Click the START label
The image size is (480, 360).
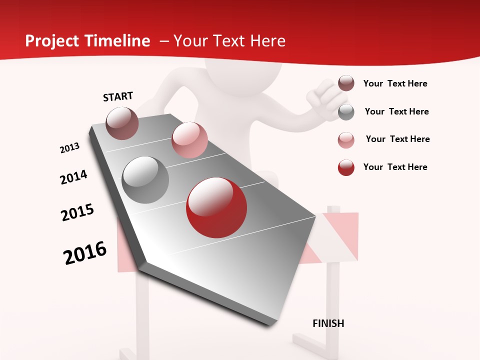pyautogui.click(x=118, y=96)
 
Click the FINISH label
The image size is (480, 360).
pyautogui.click(x=328, y=323)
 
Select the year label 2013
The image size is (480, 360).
pyautogui.click(x=70, y=148)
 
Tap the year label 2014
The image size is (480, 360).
pyautogui.click(x=74, y=177)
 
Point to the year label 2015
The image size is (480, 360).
pyautogui.click(x=77, y=212)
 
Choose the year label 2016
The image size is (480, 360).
pyautogui.click(x=85, y=253)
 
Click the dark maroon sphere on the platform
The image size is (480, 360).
pyautogui.click(x=122, y=123)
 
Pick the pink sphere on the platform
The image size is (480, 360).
pyautogui.click(x=189, y=140)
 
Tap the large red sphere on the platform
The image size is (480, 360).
pyautogui.click(x=216, y=207)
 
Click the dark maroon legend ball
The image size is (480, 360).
pyautogui.click(x=346, y=83)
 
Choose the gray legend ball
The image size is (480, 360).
pyautogui.click(x=346, y=112)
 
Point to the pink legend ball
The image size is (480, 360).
pyautogui.click(x=346, y=140)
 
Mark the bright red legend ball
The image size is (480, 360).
pyautogui.click(x=346, y=167)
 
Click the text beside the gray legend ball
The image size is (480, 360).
pyautogui.click(x=396, y=111)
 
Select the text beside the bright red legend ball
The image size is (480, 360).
pyautogui.click(x=395, y=167)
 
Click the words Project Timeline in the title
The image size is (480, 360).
pyautogui.click(x=87, y=41)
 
